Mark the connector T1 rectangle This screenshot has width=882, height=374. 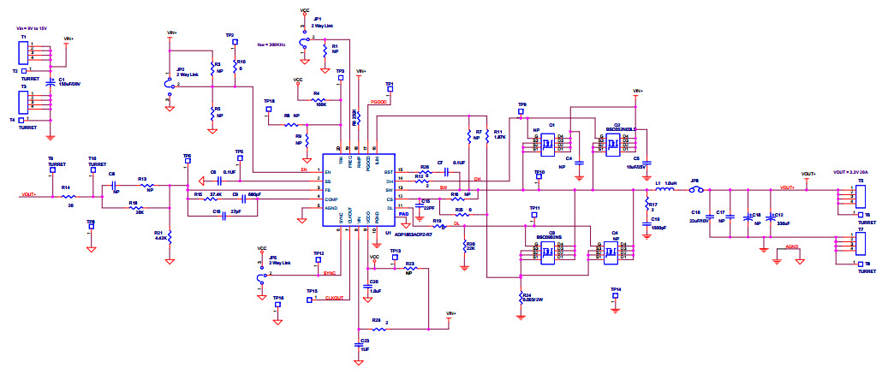[x=25, y=52]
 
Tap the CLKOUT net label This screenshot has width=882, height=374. [x=335, y=297]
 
